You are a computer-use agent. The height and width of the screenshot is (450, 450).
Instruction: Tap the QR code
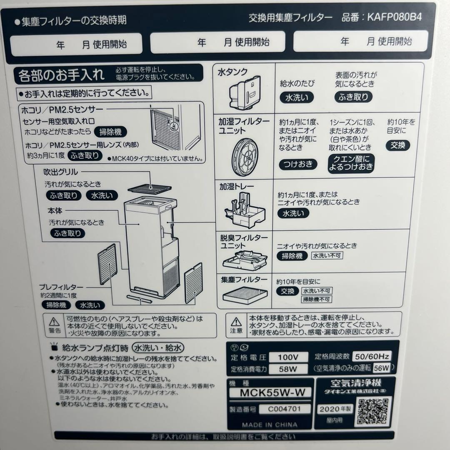pos(373,411)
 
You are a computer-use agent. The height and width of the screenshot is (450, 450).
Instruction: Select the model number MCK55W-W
pos(270,392)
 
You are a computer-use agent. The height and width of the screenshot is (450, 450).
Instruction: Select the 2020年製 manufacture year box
pos(329,409)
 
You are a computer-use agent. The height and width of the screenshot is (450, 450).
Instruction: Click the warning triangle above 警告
pos(54,321)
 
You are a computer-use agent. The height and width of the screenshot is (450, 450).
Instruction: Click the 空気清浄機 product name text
pos(354,382)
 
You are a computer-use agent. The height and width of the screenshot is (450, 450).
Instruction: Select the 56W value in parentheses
pos(381,367)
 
